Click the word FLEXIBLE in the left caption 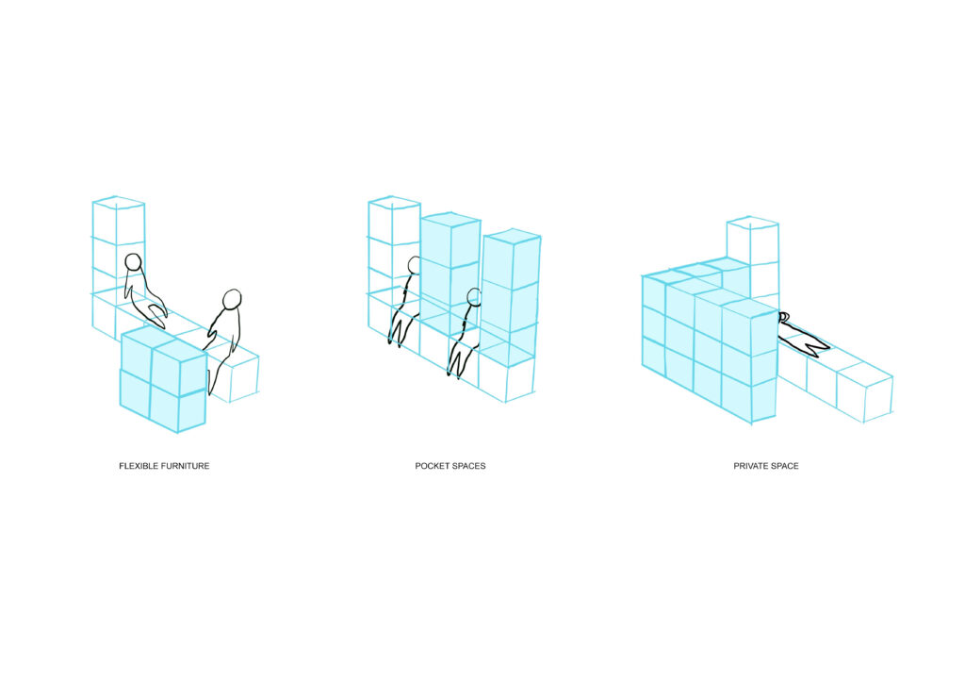(x=139, y=466)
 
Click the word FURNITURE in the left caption (x=186, y=466)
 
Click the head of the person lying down (x=783, y=318)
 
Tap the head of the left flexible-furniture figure (x=133, y=262)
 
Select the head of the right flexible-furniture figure (x=232, y=299)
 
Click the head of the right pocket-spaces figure (x=474, y=297)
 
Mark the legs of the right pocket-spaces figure (x=459, y=360)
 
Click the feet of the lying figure (x=818, y=348)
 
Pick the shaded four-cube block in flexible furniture (x=163, y=379)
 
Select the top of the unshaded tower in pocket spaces (x=395, y=203)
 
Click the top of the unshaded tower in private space (x=753, y=223)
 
